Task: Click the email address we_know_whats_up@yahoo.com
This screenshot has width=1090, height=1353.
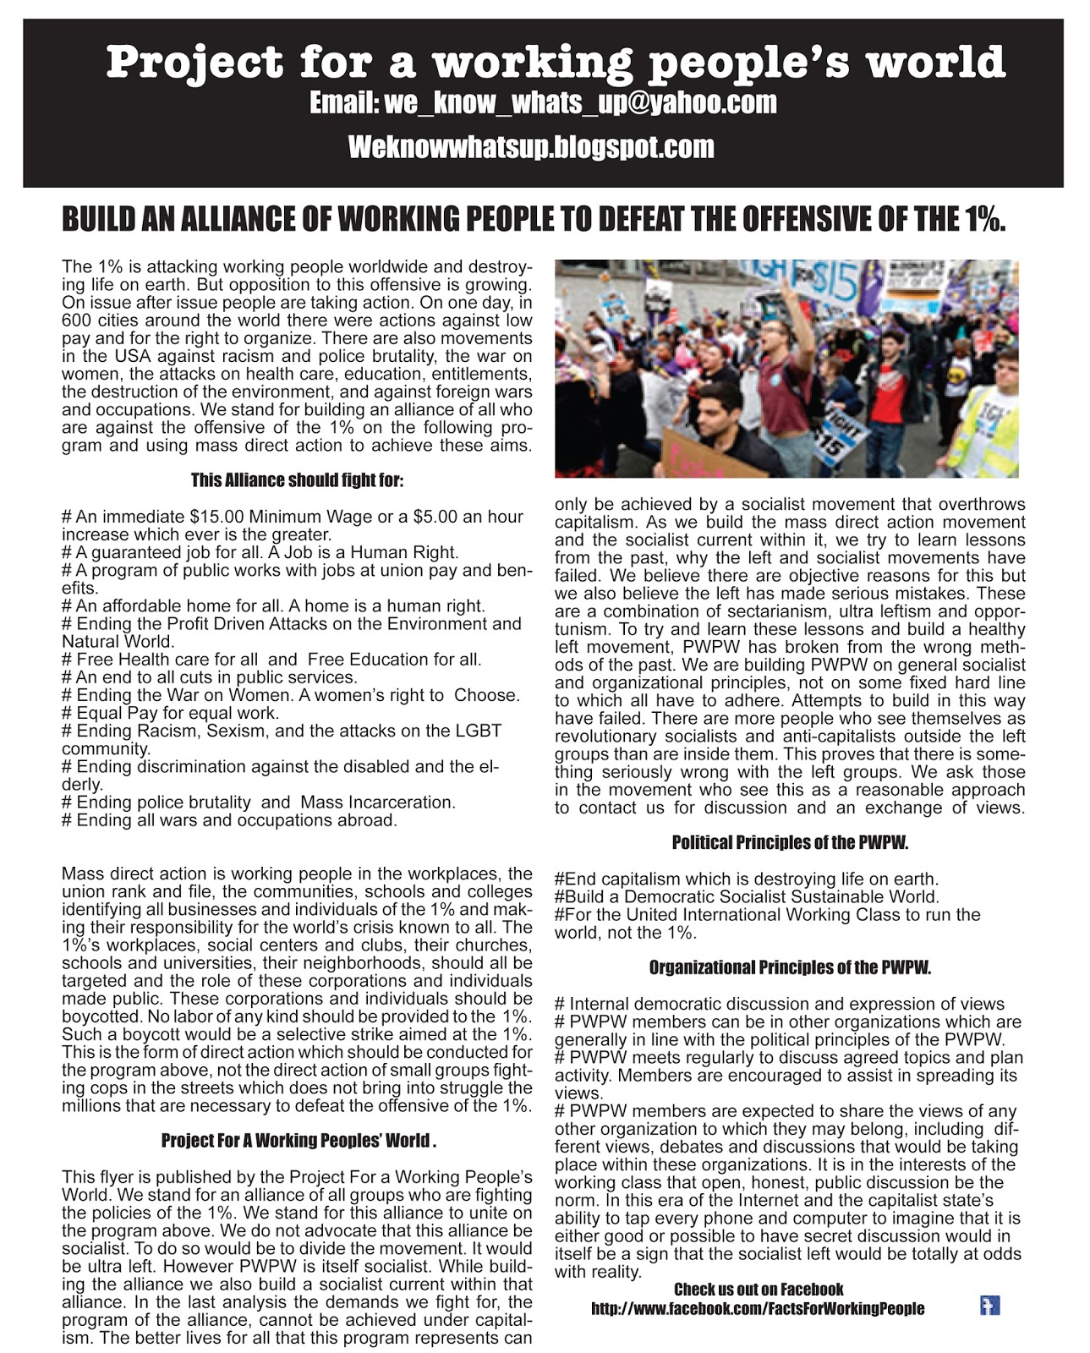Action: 580,103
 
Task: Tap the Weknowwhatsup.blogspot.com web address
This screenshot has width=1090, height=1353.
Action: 531,147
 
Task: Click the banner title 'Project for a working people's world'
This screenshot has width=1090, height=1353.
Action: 556,63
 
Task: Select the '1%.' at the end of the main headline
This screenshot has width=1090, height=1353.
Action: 983,220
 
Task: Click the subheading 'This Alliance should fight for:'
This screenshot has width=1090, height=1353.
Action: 297,480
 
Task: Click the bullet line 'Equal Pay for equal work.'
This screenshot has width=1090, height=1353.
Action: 171,713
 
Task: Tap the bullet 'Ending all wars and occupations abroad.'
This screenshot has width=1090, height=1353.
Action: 230,820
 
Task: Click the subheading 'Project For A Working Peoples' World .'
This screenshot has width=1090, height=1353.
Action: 299,1141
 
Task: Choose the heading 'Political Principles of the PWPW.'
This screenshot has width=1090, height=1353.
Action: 790,842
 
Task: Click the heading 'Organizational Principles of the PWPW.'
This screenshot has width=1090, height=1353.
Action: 790,967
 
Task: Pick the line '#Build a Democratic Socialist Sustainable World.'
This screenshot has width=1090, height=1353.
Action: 747,897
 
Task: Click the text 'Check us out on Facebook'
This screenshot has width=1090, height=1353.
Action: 759,1290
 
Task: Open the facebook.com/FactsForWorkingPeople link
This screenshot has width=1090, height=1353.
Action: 758,1309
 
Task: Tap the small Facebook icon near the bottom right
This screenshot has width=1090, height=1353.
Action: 989,1306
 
